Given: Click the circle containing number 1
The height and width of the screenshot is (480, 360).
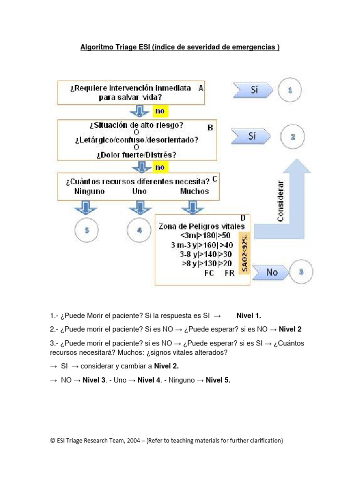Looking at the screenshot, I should point(290,90).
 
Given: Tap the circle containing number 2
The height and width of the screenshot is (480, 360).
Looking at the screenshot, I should point(293,137).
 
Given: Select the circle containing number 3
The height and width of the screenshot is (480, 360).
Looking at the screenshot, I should point(302,272).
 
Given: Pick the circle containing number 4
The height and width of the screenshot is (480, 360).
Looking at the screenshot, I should point(139,231).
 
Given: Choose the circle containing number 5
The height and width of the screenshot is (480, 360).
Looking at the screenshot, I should point(87,231).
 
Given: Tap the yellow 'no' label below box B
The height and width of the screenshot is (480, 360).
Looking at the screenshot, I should point(159,167).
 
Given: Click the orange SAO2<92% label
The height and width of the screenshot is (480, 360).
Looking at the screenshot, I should point(246,253).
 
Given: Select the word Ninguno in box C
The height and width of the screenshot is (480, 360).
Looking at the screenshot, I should point(90,191).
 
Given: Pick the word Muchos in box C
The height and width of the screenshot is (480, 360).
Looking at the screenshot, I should point(195,191).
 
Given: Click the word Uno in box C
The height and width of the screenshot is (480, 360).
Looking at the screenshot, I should point(139,191).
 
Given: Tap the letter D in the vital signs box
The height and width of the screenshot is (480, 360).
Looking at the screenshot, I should point(243,218).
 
